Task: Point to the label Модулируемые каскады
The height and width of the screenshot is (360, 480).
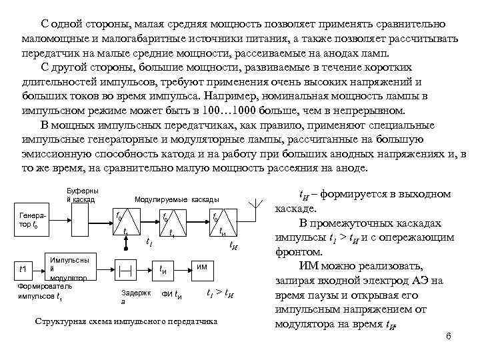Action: click(x=176, y=199)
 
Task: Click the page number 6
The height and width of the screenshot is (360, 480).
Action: click(x=449, y=335)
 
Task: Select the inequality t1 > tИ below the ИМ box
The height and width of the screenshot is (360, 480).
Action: click(x=219, y=294)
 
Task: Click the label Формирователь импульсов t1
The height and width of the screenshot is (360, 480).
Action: click(x=33, y=291)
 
